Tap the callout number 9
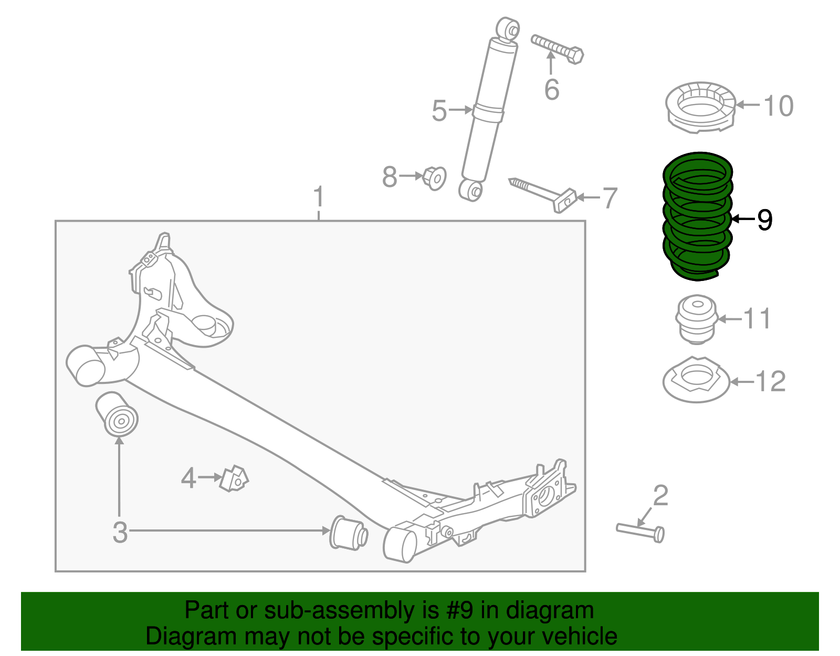765,220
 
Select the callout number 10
778,106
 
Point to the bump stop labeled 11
696,319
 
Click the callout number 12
771,382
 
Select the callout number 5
439,111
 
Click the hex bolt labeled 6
558,47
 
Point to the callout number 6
552,89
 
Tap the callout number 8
390,177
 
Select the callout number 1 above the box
319,197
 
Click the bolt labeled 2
640,530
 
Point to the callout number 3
120,532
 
